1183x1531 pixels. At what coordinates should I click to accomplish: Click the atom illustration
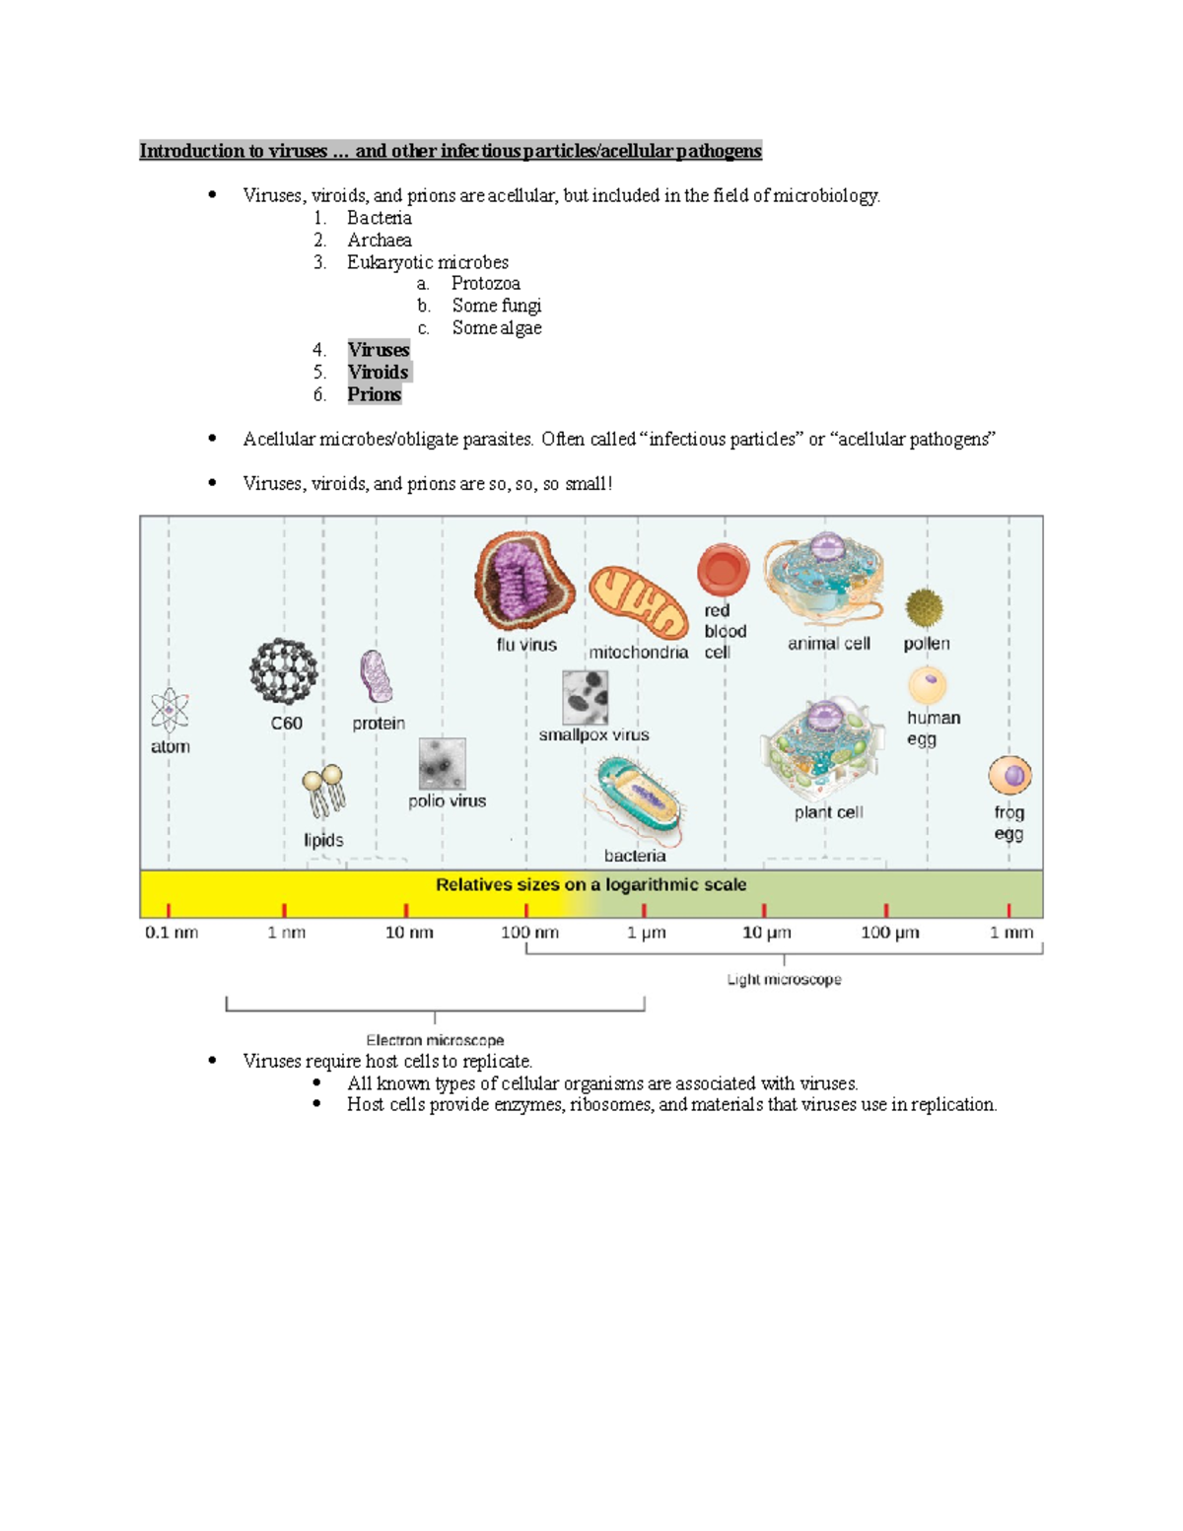point(170,711)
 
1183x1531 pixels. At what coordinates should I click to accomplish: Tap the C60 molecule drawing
point(284,671)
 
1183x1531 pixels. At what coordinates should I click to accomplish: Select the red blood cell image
point(723,570)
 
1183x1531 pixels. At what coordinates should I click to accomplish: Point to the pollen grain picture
point(925,608)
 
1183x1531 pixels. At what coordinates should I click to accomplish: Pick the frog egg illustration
point(1009,776)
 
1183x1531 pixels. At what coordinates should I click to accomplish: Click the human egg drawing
point(927,685)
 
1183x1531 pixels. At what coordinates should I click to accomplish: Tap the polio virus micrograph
point(442,763)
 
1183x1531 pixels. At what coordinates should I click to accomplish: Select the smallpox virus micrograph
point(585,697)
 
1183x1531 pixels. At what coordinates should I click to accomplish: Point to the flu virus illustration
point(524,582)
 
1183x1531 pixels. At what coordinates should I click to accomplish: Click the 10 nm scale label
point(408,933)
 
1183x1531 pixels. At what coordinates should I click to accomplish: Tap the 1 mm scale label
point(1011,933)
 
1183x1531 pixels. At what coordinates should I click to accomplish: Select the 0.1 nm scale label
point(172,933)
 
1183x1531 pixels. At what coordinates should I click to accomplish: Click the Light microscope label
point(784,980)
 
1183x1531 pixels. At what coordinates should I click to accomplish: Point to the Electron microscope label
point(435,1040)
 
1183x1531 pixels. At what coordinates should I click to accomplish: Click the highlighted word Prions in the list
point(374,394)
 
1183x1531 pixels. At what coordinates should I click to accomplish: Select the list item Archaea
point(379,241)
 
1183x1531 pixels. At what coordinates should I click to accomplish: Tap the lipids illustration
point(323,792)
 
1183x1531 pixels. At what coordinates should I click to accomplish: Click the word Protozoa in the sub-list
point(485,284)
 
